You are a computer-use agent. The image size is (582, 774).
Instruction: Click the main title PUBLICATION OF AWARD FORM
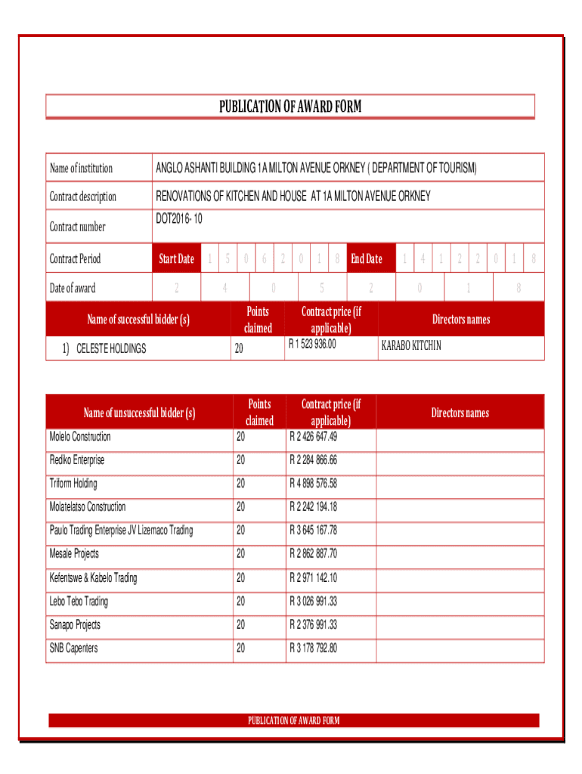coord(290,107)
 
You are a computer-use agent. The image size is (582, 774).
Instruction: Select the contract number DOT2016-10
coord(179,219)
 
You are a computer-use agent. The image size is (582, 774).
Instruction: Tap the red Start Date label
coord(176,259)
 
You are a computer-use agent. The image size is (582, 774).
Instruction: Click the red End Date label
coord(367,259)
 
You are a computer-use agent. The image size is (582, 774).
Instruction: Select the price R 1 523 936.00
coord(312,345)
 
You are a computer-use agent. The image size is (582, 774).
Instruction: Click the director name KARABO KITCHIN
coord(412,345)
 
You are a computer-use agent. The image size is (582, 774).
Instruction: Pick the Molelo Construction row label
coord(80,437)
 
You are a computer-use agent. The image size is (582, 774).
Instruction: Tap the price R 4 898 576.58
coord(313,484)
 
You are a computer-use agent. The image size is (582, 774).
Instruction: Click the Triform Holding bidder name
coord(73,484)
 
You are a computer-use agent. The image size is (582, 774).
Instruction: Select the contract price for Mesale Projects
coord(313,554)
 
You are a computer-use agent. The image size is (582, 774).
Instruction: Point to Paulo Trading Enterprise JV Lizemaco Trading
coord(121,531)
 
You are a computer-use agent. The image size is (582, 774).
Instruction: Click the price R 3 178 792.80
coord(313,649)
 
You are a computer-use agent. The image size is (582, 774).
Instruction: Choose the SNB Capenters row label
coord(73,649)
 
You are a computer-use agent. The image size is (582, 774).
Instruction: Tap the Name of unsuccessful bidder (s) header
coord(139,413)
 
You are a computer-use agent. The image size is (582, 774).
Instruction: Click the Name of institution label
coord(81,168)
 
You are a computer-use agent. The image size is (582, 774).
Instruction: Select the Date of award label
coord(73,288)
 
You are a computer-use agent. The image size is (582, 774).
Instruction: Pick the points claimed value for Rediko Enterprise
coord(240,460)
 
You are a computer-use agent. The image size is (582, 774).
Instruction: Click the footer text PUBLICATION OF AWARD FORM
coord(294,720)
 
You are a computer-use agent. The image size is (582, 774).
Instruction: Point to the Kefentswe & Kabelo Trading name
coord(94,578)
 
